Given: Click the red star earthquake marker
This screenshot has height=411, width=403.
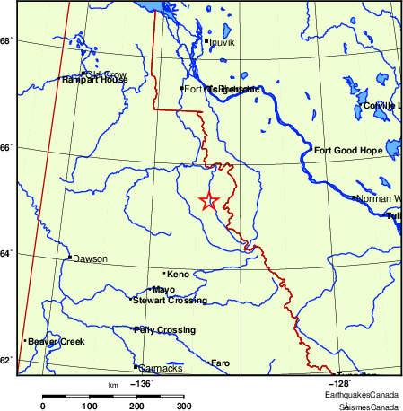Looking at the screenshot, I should (208, 201).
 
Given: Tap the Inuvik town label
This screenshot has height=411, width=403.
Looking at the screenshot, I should (221, 41).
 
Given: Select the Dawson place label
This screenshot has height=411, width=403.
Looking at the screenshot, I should (90, 258).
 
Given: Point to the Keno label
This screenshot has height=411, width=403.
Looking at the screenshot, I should (179, 273).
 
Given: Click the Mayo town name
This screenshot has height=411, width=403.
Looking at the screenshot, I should (163, 290).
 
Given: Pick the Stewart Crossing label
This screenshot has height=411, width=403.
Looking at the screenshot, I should (170, 301).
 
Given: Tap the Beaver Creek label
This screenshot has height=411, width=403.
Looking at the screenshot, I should (56, 342).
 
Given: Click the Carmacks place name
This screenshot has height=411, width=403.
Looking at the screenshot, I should (161, 368).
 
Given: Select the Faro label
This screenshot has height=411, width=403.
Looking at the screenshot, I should (221, 363).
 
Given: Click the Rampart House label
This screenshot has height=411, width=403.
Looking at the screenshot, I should (95, 80).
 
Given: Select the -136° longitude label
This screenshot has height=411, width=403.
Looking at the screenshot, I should (142, 383).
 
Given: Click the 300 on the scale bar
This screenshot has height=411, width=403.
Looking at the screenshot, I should (183, 407).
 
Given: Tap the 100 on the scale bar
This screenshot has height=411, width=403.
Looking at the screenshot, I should (90, 407).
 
